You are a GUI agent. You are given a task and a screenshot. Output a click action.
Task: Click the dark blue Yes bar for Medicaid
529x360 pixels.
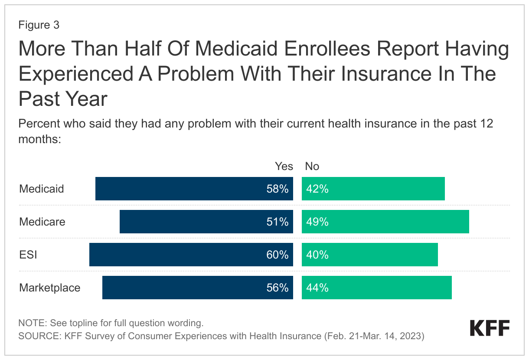click(x=194, y=189)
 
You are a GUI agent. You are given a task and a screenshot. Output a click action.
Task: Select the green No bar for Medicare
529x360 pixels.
click(x=385, y=222)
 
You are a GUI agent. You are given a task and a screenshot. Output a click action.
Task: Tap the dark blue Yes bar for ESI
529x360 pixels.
click(x=191, y=255)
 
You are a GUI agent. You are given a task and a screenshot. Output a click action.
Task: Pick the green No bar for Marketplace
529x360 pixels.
click(x=376, y=288)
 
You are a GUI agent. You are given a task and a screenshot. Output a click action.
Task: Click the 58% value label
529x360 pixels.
click(x=278, y=189)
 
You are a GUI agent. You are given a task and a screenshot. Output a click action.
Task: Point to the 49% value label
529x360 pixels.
click(x=317, y=222)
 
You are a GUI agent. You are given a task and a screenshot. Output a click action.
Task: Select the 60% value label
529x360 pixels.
click(x=278, y=255)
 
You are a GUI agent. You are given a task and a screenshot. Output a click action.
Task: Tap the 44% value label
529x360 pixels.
click(x=317, y=288)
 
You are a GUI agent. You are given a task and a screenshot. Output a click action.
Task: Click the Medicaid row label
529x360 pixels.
click(x=42, y=189)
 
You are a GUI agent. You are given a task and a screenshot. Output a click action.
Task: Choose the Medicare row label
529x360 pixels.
click(x=42, y=222)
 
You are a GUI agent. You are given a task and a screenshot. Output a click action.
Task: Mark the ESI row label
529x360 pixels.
click(x=28, y=255)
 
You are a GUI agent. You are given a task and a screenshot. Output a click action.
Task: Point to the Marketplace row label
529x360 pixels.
click(x=50, y=288)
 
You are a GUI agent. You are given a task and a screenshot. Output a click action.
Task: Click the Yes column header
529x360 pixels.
click(x=284, y=167)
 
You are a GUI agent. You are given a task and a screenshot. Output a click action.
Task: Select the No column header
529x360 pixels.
click(x=312, y=167)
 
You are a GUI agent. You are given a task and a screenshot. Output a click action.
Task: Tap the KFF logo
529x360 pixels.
click(x=490, y=329)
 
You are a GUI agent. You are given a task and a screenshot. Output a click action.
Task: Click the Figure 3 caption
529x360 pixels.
click(x=39, y=25)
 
